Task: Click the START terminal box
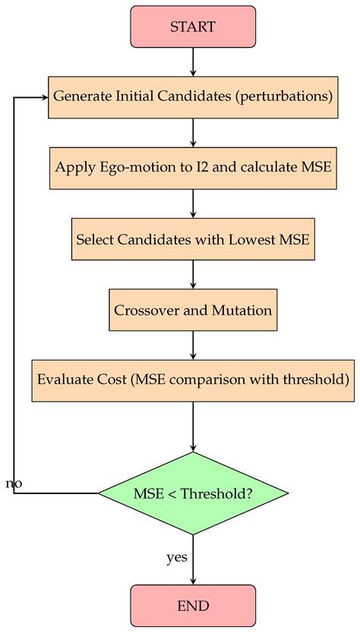193,27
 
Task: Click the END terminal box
193,605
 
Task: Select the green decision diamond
193,493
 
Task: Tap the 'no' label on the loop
14,483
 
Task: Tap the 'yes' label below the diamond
177,558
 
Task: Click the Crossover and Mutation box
193,310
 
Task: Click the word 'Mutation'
243,310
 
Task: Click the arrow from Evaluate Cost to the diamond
193,427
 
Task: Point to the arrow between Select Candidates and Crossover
193,273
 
